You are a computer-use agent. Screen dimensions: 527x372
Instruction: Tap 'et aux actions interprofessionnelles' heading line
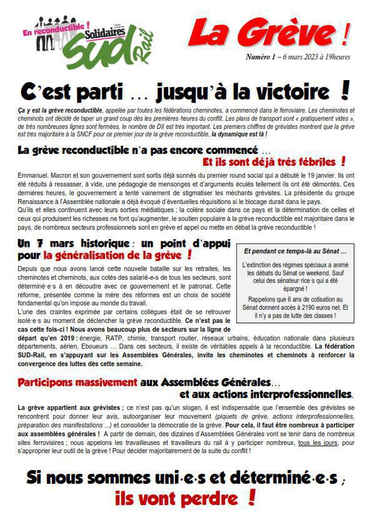click(265, 394)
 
